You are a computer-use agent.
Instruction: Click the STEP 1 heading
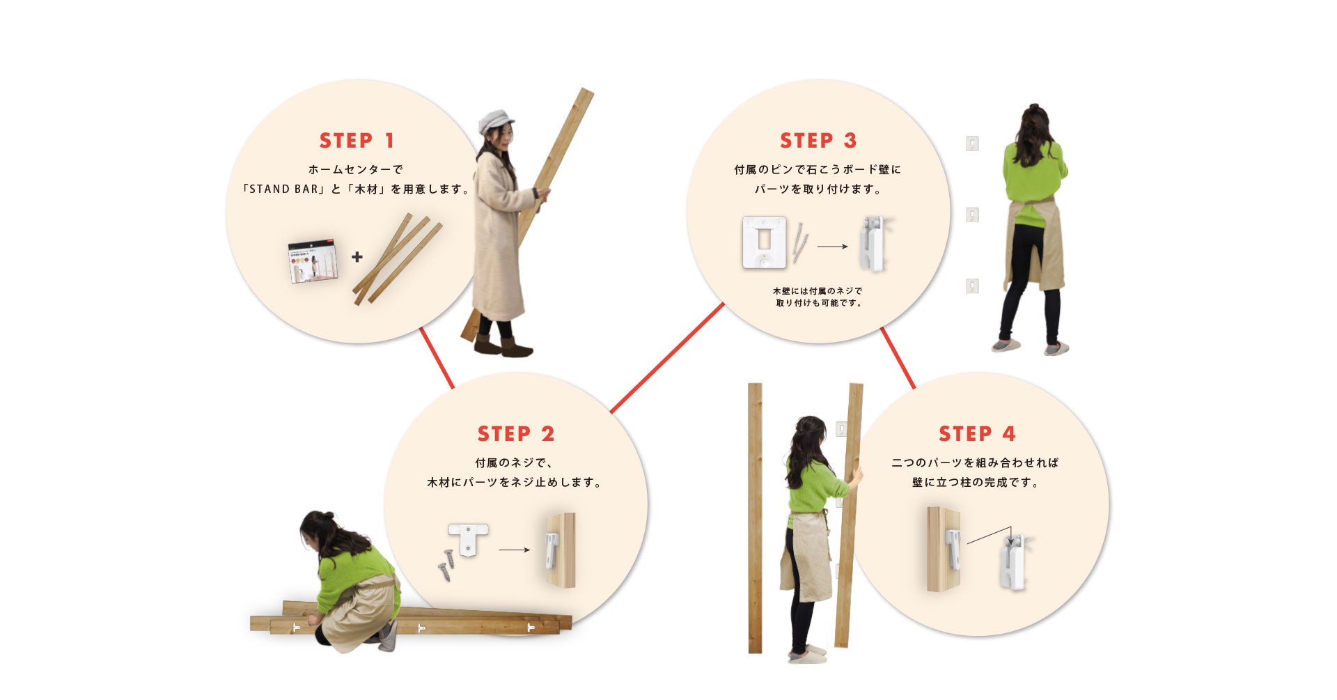[x=357, y=140]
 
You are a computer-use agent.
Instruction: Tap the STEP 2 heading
[x=515, y=433]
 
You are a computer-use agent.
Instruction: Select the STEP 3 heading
[x=818, y=140]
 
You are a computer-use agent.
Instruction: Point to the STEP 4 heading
[x=976, y=433]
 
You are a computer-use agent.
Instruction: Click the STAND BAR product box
[x=313, y=262]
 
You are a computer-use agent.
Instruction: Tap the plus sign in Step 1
[x=357, y=257]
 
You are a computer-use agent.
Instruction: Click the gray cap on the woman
[x=494, y=120]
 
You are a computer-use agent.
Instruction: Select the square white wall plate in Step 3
[x=765, y=242]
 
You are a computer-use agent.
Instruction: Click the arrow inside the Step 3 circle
[x=832, y=247]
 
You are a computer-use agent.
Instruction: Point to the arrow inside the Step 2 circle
[x=515, y=550]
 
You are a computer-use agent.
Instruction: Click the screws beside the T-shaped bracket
[x=446, y=565]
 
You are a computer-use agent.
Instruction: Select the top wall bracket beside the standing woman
[x=973, y=143]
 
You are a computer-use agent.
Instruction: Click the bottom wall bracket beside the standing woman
[x=972, y=286]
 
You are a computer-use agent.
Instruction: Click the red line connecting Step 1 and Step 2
[x=437, y=358]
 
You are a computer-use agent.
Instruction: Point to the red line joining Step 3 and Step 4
[x=898, y=358]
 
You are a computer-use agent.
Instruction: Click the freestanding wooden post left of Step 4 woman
[x=755, y=518]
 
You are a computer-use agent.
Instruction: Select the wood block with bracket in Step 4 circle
[x=944, y=549]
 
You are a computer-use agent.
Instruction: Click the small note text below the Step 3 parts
[x=818, y=297]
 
